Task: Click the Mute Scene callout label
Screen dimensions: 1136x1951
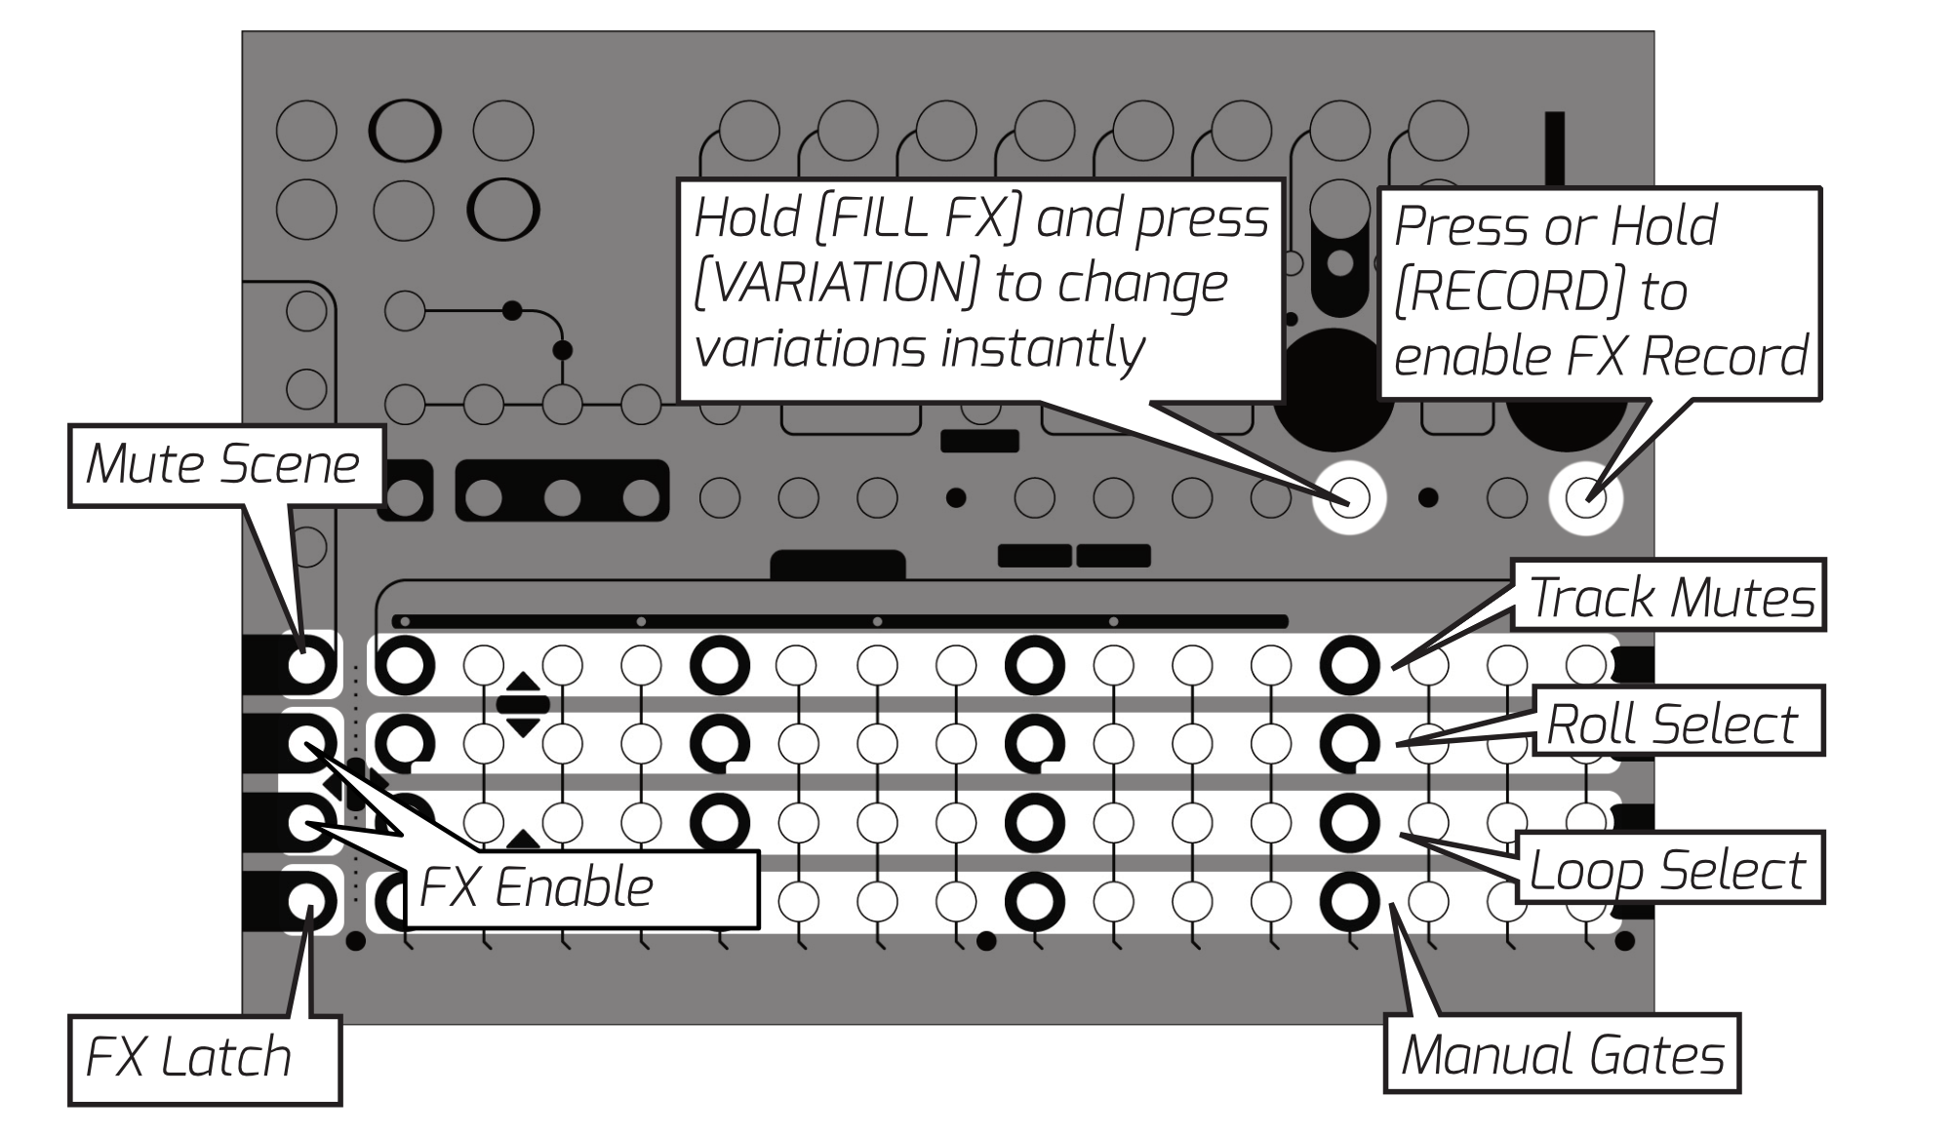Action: click(x=223, y=464)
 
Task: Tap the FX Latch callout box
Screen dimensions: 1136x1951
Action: click(x=189, y=1058)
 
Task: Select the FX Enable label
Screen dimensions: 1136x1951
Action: click(x=536, y=888)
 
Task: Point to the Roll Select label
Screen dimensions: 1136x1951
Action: click(x=1672, y=725)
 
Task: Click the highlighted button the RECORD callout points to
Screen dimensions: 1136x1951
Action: click(x=1585, y=498)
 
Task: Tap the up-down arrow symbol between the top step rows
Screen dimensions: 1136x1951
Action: click(x=523, y=703)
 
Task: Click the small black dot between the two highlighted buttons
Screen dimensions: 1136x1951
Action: click(x=1428, y=498)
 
